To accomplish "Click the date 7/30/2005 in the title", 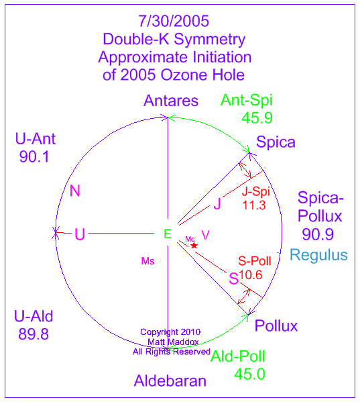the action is click(174, 21).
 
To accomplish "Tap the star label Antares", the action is click(171, 101).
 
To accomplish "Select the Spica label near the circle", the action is click(276, 142).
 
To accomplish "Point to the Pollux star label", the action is click(276, 325).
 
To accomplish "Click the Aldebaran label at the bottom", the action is click(170, 381).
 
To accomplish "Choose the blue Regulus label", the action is click(318, 255).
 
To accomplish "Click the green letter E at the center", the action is click(168, 234).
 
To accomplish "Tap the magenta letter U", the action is click(80, 234).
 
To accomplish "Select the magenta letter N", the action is click(75, 191).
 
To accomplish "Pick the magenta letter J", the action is click(217, 204).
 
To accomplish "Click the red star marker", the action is click(194, 246).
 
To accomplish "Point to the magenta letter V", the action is click(205, 235).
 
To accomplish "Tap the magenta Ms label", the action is click(147, 261).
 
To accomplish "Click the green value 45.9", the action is click(257, 118).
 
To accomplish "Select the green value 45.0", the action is click(249, 374).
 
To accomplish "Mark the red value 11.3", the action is click(254, 205).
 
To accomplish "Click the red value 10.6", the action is click(251, 275).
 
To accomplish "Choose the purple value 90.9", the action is click(318, 234).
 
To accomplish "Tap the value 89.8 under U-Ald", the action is click(34, 334).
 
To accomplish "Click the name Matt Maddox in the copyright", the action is click(173, 342).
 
